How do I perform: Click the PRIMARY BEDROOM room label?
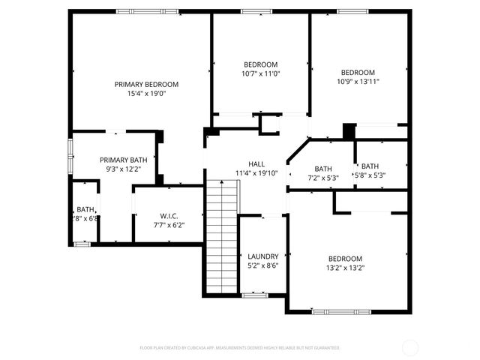pyautogui.click(x=146, y=84)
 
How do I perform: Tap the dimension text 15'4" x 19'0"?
pyautogui.click(x=146, y=94)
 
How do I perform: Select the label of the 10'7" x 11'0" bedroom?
pyautogui.click(x=260, y=64)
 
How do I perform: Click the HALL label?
pyautogui.click(x=256, y=163)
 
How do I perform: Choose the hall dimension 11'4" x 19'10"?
pyautogui.click(x=256, y=172)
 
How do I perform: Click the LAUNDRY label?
pyautogui.click(x=262, y=256)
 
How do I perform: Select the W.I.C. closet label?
pyautogui.click(x=168, y=215)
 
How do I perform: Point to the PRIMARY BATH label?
pyautogui.click(x=124, y=160)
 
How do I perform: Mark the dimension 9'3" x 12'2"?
pyautogui.click(x=124, y=169)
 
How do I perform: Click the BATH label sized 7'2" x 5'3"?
pyautogui.click(x=323, y=169)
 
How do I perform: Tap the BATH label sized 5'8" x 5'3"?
pyautogui.click(x=370, y=166)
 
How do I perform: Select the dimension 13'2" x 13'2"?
pyautogui.click(x=345, y=268)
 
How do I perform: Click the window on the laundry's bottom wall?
pyautogui.click(x=254, y=295)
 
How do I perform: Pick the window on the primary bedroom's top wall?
pyautogui.click(x=136, y=10)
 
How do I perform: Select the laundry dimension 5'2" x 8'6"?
pyautogui.click(x=262, y=265)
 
